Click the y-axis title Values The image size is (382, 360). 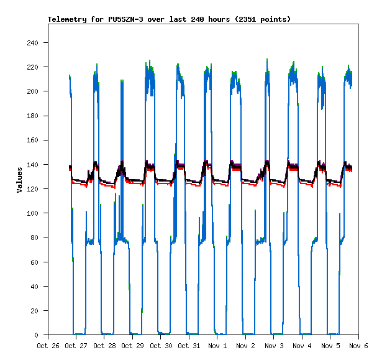(19, 180)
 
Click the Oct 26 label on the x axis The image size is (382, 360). (48, 345)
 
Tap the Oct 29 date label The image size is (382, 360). (132, 345)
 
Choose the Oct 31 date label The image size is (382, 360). (189, 345)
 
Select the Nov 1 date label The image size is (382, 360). (217, 345)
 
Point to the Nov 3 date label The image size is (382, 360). (274, 345)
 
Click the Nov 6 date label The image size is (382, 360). (358, 345)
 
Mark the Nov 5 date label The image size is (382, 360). (330, 345)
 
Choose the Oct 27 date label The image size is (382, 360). (76, 345)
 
